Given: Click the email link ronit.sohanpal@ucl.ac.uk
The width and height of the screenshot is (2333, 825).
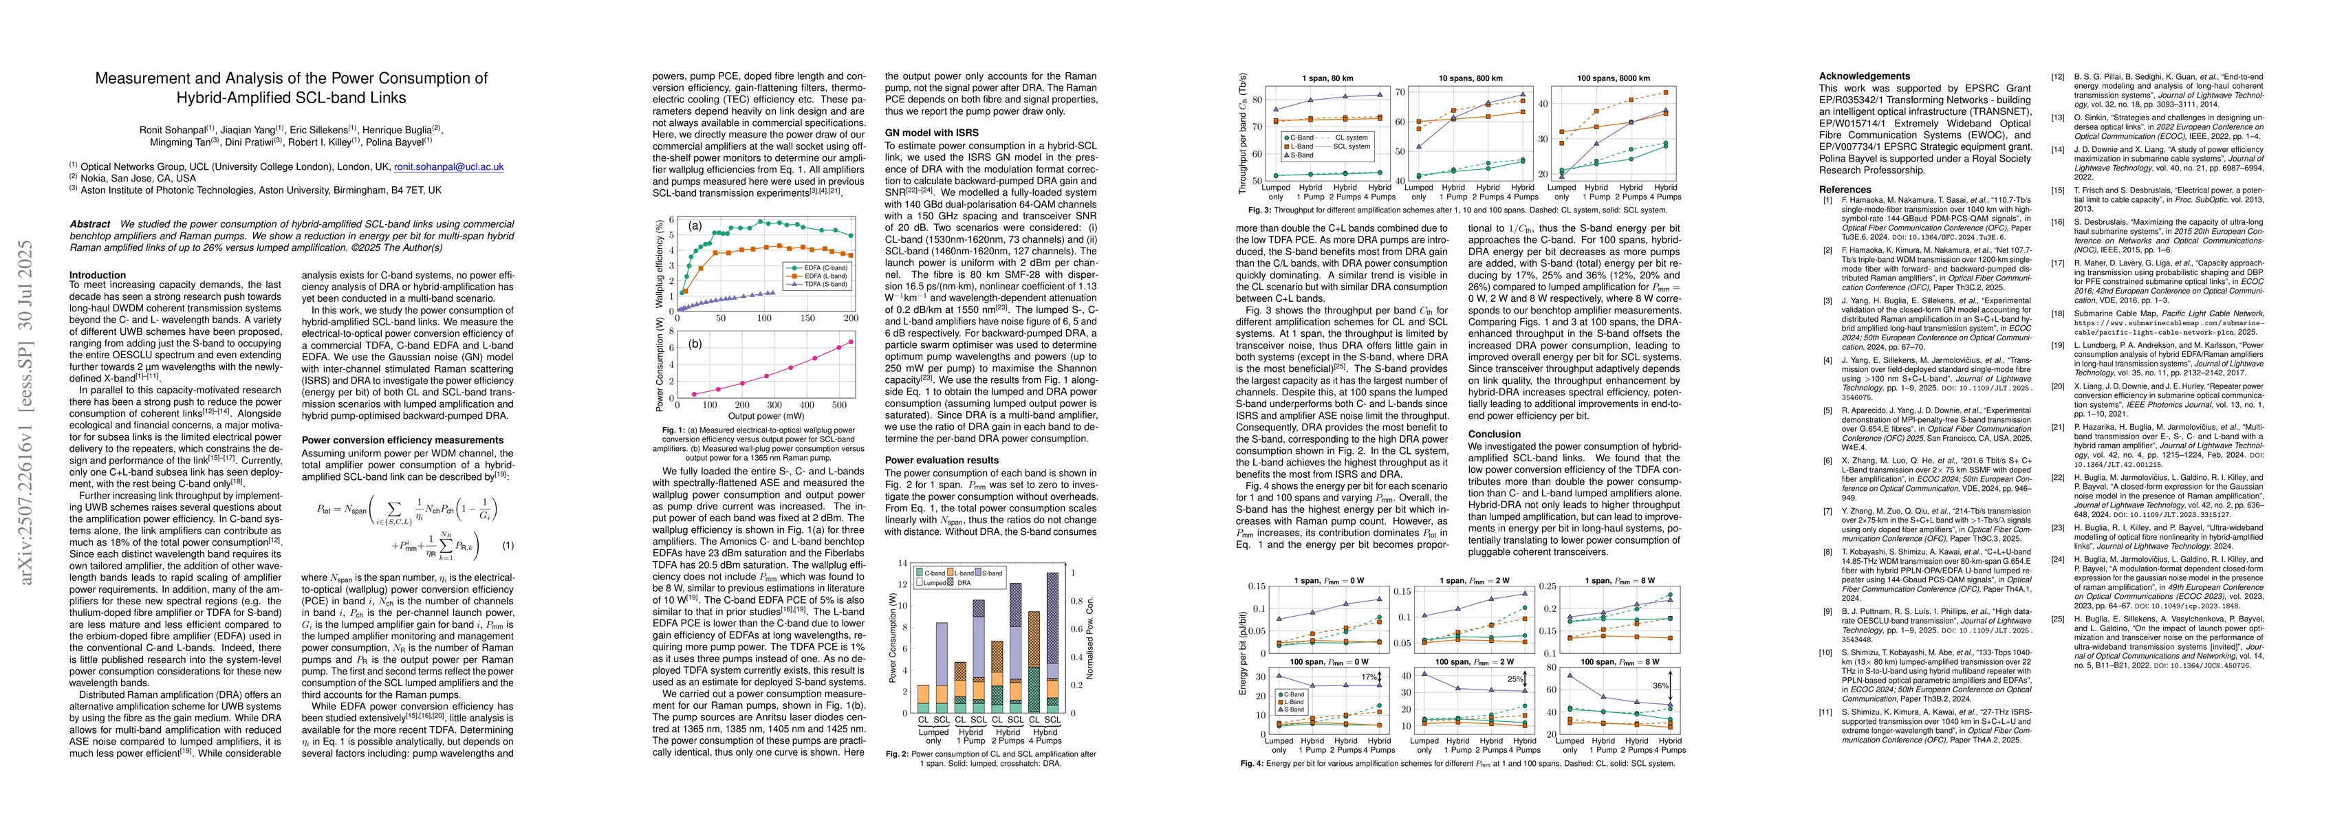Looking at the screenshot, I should point(448,166).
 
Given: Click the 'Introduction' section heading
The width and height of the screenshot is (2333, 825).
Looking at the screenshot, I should point(98,274).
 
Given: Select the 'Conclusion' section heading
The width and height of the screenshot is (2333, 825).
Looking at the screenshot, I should point(1495,434).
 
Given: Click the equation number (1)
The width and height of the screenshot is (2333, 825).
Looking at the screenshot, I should point(508,545).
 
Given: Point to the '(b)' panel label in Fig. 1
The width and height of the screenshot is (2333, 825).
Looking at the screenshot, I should point(695,345).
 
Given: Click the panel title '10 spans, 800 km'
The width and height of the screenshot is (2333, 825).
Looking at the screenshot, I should point(1470,79).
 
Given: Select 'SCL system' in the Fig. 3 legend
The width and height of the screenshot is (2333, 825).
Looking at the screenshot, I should point(1352,146).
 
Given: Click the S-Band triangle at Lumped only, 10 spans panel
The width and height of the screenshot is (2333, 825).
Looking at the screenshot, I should point(1418,146).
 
